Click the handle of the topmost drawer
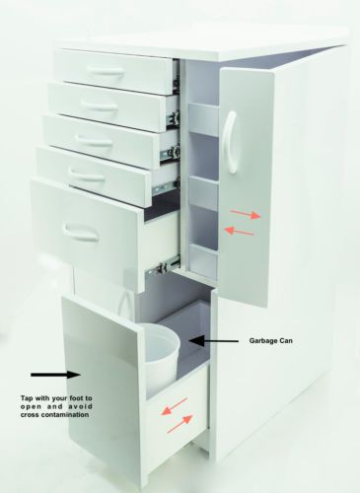point(106,71)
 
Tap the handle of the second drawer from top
point(99,106)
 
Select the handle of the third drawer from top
point(94,140)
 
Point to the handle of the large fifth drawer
point(82,231)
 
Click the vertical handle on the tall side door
point(230,142)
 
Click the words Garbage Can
point(270,341)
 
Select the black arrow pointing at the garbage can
point(214,341)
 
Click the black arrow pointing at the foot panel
point(55,375)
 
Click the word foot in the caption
point(72,398)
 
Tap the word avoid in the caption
point(81,406)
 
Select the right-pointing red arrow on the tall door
point(246,214)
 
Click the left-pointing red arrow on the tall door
point(239,231)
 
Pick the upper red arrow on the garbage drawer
point(175,406)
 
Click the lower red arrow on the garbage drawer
point(180,424)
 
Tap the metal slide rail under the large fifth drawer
point(164,267)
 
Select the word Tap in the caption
point(27,398)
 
